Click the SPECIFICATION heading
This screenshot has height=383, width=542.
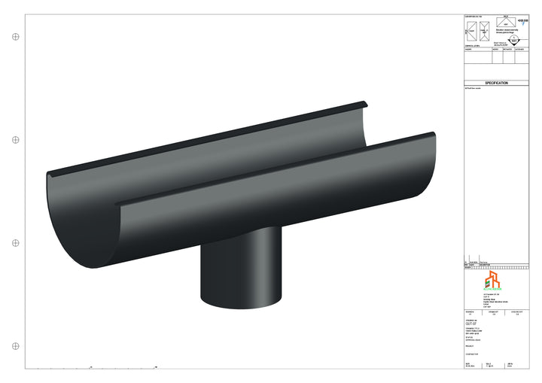click(x=496, y=83)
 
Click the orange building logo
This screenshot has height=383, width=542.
click(x=496, y=281)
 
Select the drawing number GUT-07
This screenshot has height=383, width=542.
click(x=472, y=324)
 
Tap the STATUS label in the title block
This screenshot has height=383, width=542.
click(x=469, y=336)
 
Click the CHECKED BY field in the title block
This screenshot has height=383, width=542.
click(x=518, y=310)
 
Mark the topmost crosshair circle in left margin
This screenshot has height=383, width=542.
click(x=16, y=36)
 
